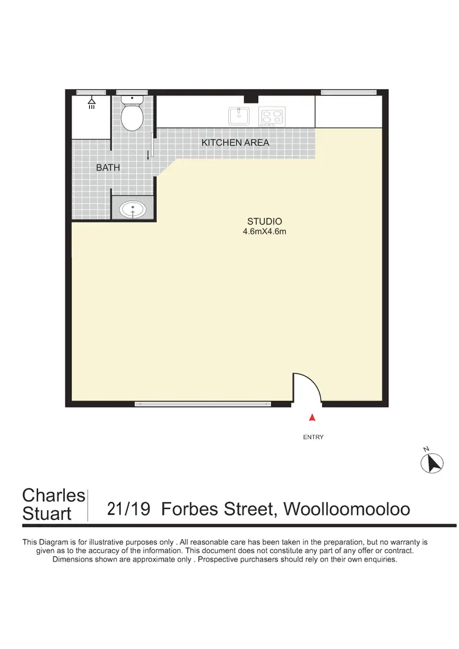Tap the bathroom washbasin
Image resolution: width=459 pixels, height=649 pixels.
pos(133,210)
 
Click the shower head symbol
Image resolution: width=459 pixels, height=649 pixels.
pos(92,102)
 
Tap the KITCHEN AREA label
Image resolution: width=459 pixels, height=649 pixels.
pos(236,143)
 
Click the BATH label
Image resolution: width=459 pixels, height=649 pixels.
pos(108,166)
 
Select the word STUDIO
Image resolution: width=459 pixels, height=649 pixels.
pos(264,221)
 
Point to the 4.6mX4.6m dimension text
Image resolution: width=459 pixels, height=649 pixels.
pos(264,232)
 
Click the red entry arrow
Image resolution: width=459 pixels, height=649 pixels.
pos(312,418)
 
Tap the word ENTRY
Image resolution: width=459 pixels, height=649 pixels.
pos(313,437)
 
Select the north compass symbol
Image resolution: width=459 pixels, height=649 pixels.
pos(432,462)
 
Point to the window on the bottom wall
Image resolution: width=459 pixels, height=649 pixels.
pos(203,404)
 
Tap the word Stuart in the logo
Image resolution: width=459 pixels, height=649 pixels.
pos(47,514)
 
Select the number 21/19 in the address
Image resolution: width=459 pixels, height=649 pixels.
pos(129,510)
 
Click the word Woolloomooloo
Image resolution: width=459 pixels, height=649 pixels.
pos(348,510)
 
